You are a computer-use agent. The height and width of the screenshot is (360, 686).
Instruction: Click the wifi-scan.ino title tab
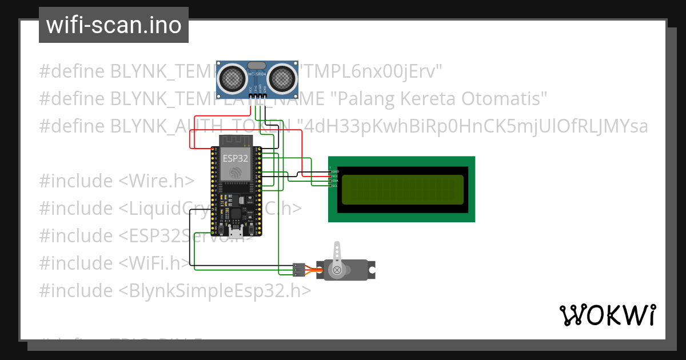tap(114, 25)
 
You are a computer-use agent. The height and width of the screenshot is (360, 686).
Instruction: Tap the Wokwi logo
tap(607, 315)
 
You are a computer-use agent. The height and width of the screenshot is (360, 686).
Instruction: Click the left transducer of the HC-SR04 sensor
tap(232, 77)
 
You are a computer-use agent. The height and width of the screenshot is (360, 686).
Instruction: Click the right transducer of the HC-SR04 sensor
tap(281, 77)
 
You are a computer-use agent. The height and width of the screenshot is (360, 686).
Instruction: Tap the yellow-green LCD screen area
tap(402, 190)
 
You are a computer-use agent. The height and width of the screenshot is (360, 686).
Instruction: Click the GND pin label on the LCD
tap(336, 171)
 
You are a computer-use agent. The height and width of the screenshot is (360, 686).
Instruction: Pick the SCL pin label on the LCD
tap(336, 186)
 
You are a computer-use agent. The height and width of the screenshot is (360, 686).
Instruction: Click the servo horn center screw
tap(337, 269)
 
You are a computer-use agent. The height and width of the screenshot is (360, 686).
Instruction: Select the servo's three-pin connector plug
tap(298, 269)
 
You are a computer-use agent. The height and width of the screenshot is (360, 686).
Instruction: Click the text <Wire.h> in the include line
tap(156, 181)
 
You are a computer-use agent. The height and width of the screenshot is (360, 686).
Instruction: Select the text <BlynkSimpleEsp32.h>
tap(215, 291)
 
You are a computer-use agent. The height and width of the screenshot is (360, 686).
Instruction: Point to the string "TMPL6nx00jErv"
tap(372, 71)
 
